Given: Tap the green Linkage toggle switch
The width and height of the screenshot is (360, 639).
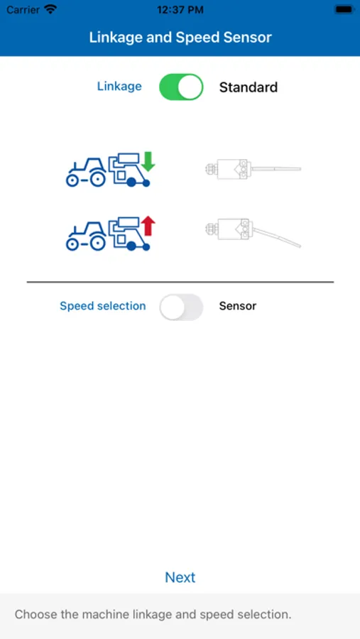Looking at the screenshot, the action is [x=181, y=87].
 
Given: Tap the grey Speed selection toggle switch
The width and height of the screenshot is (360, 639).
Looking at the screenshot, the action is [x=181, y=307].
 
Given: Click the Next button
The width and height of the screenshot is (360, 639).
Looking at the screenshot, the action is [x=180, y=577].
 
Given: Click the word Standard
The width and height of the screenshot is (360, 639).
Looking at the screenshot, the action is [x=249, y=87].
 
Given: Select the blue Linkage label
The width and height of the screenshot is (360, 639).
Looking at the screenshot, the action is [x=119, y=87].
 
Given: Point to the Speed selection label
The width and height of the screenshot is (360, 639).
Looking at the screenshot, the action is [x=103, y=306].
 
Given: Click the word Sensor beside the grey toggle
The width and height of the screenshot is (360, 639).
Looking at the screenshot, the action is [x=238, y=306].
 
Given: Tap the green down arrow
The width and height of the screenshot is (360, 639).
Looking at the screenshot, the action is [x=148, y=161].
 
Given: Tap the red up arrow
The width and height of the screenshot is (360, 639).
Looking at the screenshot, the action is [x=148, y=226].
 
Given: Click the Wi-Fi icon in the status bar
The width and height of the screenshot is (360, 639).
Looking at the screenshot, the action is [x=50, y=9].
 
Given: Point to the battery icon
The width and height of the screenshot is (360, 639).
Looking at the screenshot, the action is [x=344, y=9].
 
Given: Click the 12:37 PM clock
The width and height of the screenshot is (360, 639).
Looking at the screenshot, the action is [x=180, y=10].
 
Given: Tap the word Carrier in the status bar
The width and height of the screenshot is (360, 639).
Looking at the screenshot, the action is [x=23, y=10].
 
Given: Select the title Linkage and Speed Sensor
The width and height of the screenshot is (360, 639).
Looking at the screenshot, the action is [x=180, y=38].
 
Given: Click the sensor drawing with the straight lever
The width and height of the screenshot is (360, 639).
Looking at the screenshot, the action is [x=253, y=169].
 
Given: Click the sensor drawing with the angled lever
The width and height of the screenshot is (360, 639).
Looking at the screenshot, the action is [x=253, y=233].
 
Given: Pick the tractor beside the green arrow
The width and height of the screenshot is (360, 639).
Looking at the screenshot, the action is [x=86, y=173].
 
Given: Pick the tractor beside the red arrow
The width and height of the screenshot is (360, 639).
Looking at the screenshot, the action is [x=86, y=236].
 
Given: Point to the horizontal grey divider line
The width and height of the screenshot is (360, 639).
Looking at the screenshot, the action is [x=180, y=282].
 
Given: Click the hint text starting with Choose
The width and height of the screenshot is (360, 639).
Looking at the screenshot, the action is [x=153, y=615].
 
